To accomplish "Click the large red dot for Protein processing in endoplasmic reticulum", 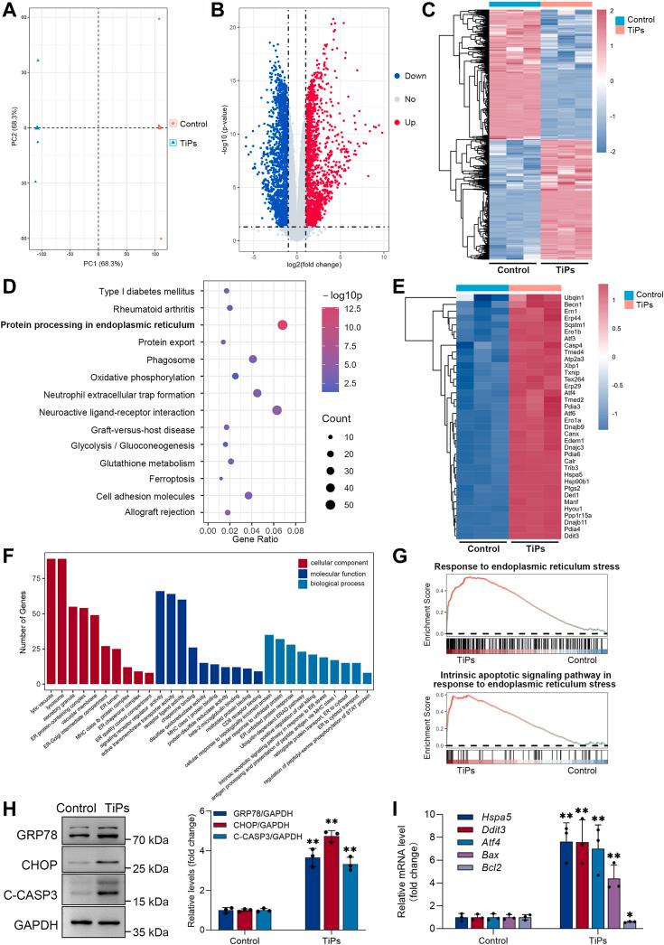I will (x=282, y=325).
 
